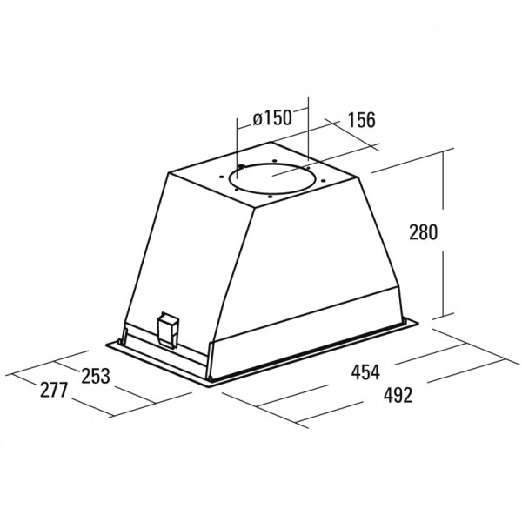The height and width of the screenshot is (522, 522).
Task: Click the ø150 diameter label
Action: click(272, 117)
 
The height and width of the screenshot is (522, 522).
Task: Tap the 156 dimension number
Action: click(361, 120)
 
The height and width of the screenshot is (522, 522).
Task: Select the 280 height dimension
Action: click(423, 232)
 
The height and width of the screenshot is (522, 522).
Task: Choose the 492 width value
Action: click(398, 395)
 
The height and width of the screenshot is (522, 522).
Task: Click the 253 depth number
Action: click(96, 376)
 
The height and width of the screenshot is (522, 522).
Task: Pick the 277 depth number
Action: click(54, 390)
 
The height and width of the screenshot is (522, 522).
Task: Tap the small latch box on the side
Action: click(168, 330)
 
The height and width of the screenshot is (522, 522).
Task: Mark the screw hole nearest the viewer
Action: click(271, 197)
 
